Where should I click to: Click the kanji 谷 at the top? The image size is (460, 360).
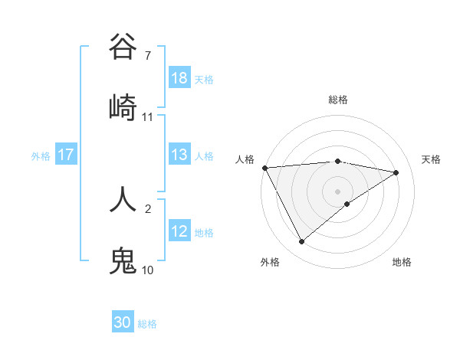click(123, 47)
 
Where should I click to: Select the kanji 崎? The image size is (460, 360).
click(123, 107)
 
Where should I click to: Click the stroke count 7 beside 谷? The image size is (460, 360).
click(147, 56)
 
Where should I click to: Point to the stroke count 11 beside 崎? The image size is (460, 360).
click(148, 116)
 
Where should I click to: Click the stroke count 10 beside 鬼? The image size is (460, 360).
click(147, 270)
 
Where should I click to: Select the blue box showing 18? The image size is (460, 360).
click(179, 79)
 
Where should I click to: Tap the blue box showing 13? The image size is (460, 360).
click(179, 155)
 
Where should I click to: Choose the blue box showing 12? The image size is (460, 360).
click(179, 231)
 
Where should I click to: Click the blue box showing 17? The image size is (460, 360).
click(66, 155)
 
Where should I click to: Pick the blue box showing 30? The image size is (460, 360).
click(123, 322)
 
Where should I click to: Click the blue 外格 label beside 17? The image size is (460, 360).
click(41, 156)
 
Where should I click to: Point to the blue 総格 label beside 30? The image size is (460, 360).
click(147, 324)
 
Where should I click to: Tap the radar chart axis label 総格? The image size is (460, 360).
click(338, 100)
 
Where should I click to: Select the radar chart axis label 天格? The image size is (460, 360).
click(431, 159)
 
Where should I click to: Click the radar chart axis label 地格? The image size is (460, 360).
click(402, 262)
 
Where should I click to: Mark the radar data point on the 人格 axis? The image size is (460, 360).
click(264, 168)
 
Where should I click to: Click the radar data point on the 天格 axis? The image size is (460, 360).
click(396, 172)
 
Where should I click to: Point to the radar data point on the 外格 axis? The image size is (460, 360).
click(301, 242)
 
